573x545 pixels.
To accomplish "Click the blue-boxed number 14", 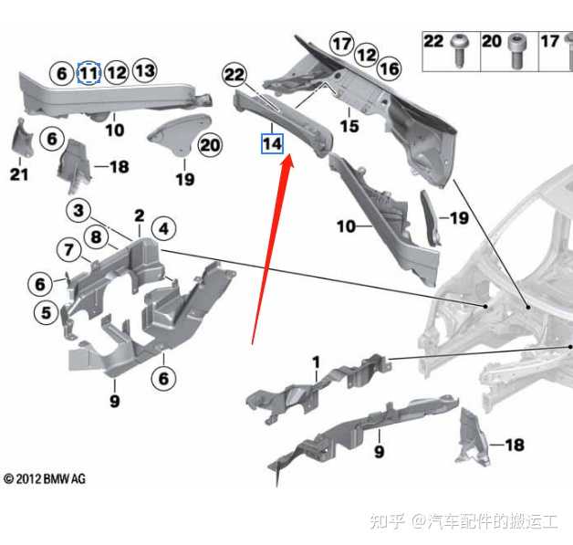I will (x=272, y=144).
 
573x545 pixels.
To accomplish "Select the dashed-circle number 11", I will (x=89, y=72).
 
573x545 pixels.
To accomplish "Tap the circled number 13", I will (x=145, y=69).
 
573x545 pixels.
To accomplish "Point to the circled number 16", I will (x=390, y=68).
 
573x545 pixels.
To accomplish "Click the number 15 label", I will (x=349, y=126).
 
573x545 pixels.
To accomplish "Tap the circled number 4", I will (x=163, y=227).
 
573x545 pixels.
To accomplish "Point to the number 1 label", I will (x=316, y=363).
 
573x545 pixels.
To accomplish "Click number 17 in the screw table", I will (x=549, y=41).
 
